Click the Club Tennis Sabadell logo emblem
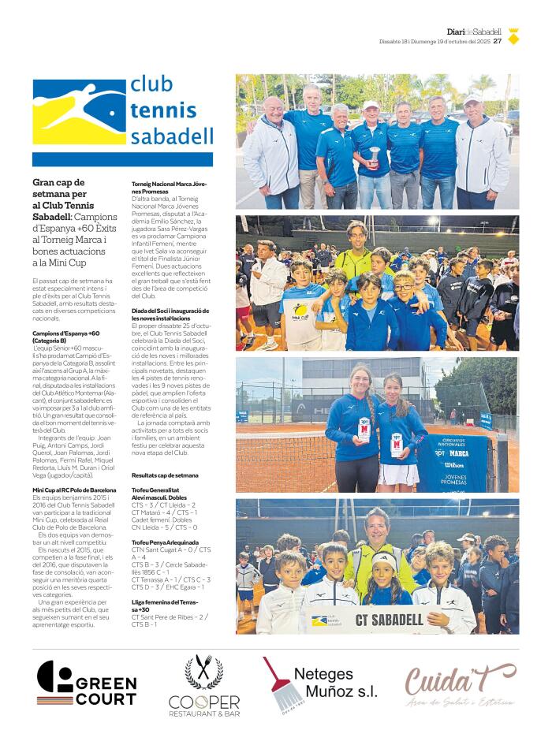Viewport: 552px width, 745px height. coord(79,111)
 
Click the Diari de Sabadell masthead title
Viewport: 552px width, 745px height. coord(474,32)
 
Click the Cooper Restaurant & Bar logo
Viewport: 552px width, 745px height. coord(203,686)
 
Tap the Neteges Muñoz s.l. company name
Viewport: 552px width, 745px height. coord(335,683)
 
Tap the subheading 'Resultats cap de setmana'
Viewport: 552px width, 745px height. coord(165,475)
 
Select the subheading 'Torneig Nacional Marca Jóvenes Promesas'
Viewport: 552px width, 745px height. coord(169,188)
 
